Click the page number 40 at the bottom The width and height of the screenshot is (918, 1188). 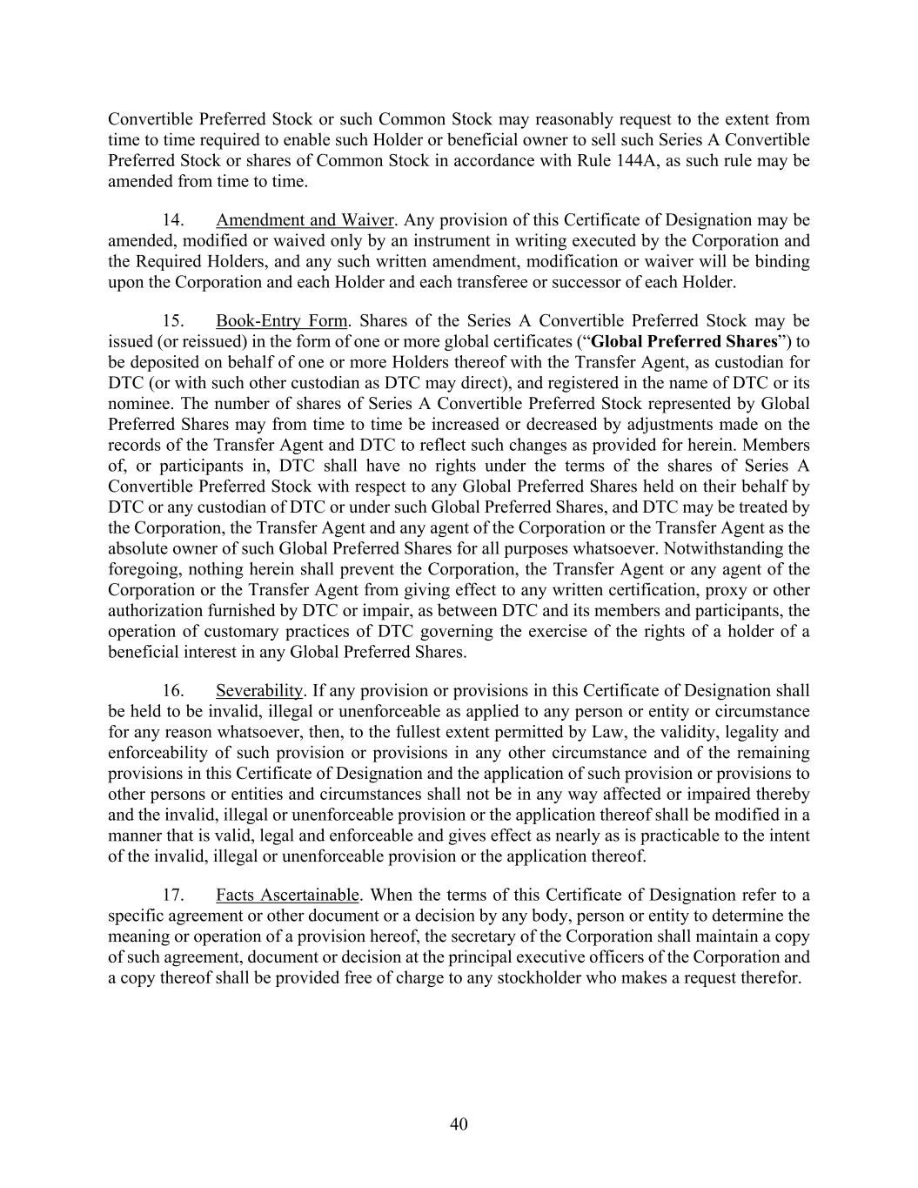point(459,1124)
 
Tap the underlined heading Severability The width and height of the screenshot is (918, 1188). point(259,690)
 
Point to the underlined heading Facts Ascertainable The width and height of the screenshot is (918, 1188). point(287,895)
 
